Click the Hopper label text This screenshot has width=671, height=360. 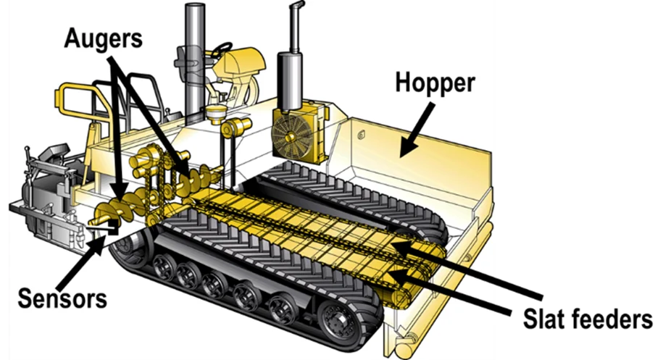435,83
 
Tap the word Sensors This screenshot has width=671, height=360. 63,297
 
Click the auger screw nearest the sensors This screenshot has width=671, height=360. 109,214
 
